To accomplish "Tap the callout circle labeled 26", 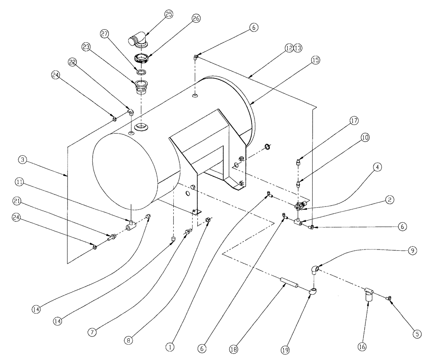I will coord(196,19).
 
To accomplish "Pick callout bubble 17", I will coord(353,121).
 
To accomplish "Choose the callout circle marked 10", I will coord(353,137).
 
